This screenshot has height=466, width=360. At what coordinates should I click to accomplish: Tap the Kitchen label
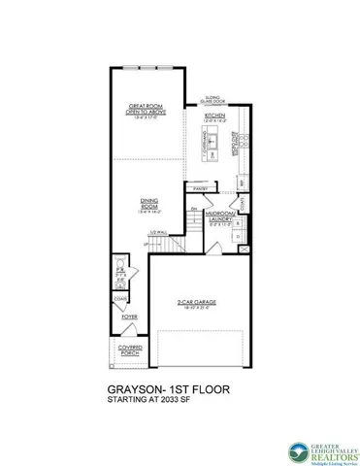pyautogui.click(x=214, y=116)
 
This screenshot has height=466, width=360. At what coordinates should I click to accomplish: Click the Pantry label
pyautogui.click(x=201, y=187)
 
